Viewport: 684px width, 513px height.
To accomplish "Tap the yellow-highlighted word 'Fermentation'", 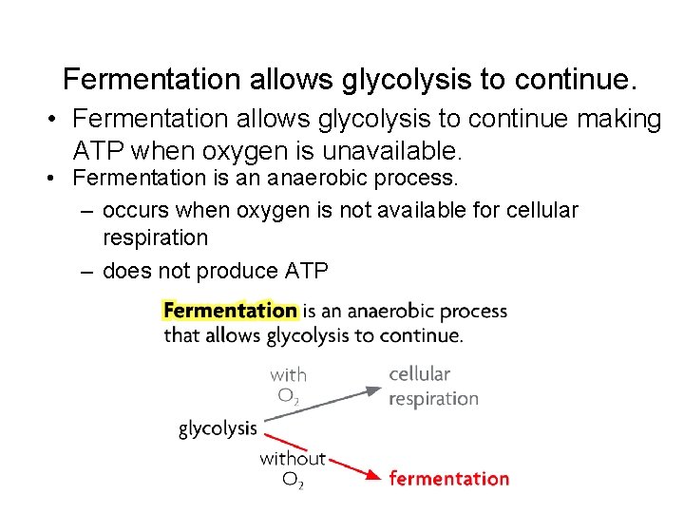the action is [x=230, y=311].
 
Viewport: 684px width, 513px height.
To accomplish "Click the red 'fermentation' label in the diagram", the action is [x=448, y=479].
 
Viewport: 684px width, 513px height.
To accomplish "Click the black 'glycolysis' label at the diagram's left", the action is [x=218, y=428].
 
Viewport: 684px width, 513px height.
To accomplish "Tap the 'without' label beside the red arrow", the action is [x=293, y=459].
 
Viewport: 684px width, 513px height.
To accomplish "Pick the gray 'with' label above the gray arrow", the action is [x=288, y=374].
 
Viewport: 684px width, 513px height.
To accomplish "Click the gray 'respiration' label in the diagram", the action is [x=433, y=398].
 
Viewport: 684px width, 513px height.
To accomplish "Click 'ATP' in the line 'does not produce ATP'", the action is [x=306, y=272].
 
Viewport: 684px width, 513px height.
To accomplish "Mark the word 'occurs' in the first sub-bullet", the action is [x=133, y=210].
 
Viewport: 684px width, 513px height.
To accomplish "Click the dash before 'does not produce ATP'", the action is [x=86, y=272].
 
